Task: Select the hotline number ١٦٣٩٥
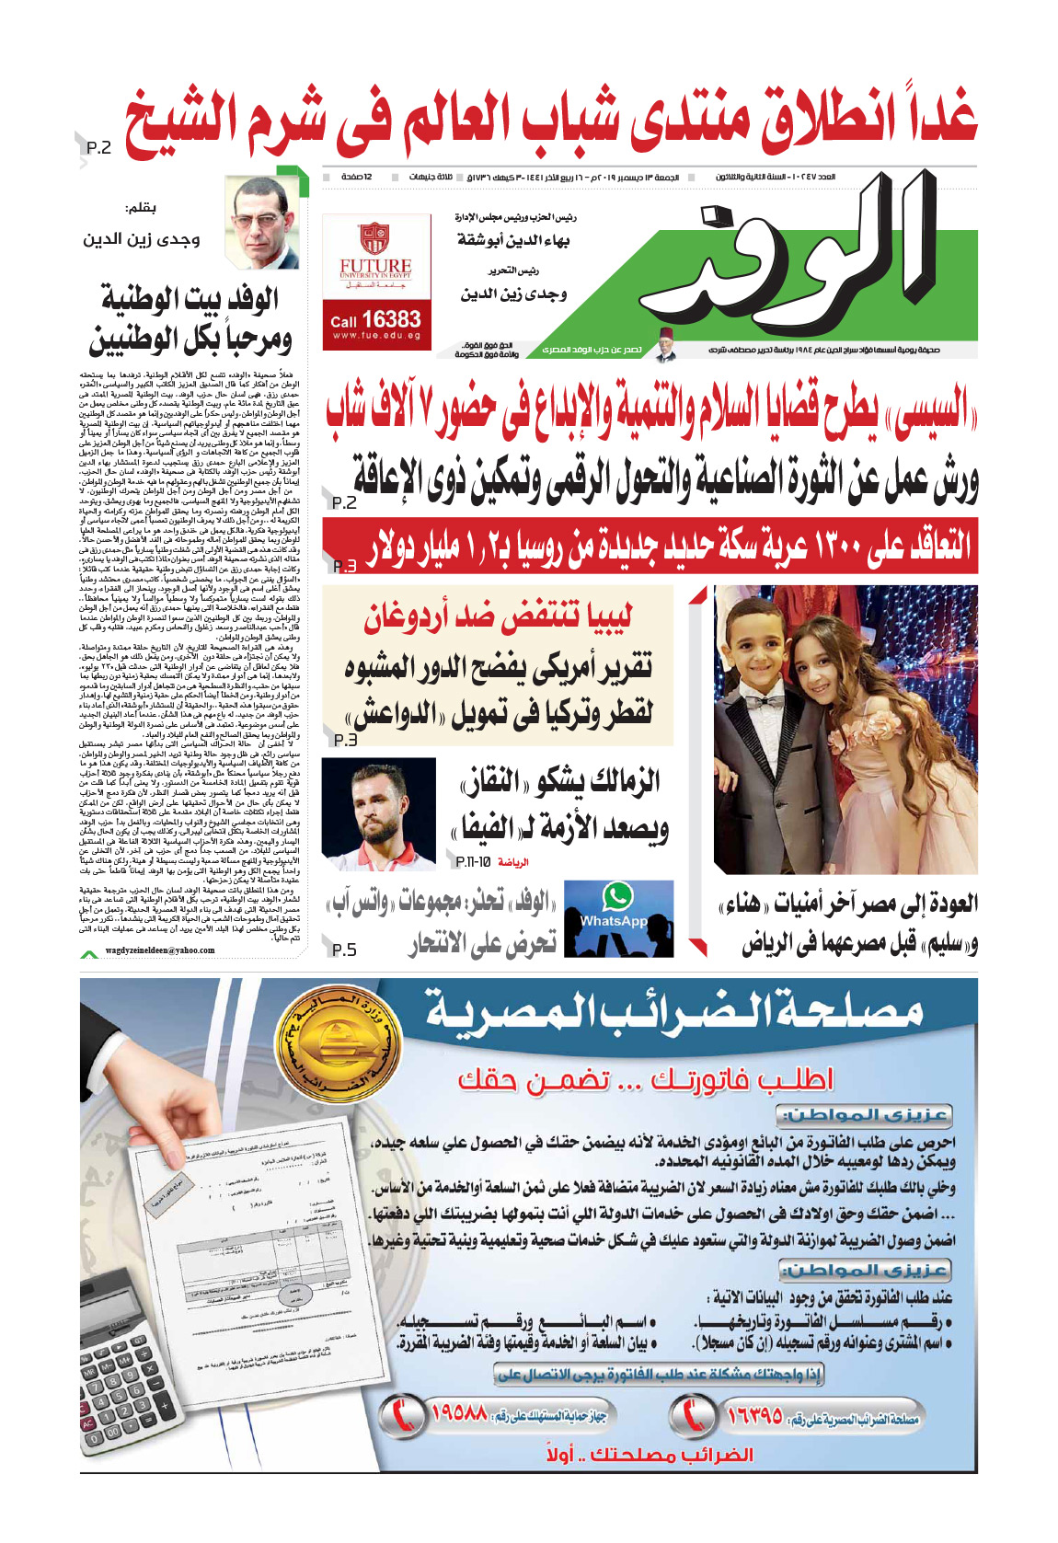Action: [x=754, y=1414]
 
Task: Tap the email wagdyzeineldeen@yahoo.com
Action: [x=160, y=950]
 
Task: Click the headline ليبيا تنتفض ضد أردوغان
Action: [x=498, y=617]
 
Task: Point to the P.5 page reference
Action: [x=342, y=950]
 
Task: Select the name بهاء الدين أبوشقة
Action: [x=514, y=240]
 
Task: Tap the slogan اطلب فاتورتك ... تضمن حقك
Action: [x=645, y=1078]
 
